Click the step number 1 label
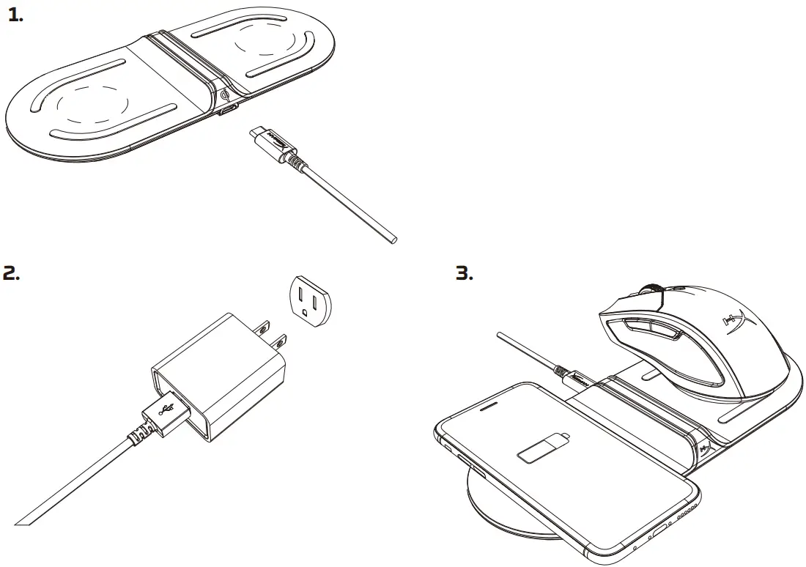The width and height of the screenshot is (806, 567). point(15,16)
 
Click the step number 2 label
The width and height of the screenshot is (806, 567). point(11,274)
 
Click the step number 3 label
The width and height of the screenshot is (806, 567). point(465,274)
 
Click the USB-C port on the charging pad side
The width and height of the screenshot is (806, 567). point(229,111)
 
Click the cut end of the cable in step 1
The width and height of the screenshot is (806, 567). point(393,239)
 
